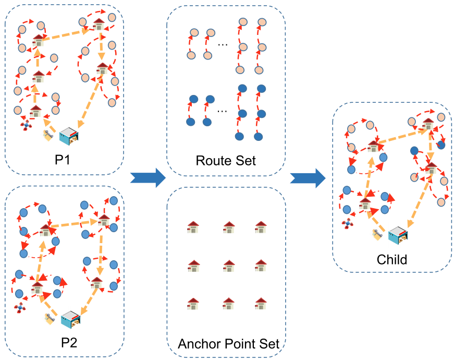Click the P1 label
pos(62,160)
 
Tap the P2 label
pos(69,343)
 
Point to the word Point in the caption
pos(239,344)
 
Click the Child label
pos(392,259)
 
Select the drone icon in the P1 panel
pos(26,125)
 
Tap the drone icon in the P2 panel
pos(19,307)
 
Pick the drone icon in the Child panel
pos(347,223)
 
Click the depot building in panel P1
pos(69,136)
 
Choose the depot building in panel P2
pos(71,319)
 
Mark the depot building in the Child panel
pos(398,235)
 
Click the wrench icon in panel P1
pos(48,135)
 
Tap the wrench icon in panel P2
pos(50,319)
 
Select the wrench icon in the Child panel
pos(377,235)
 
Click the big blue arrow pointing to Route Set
pos(148,178)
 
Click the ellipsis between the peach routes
pos(223,45)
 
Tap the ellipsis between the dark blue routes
pos(222,111)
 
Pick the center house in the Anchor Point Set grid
pos(229,266)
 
